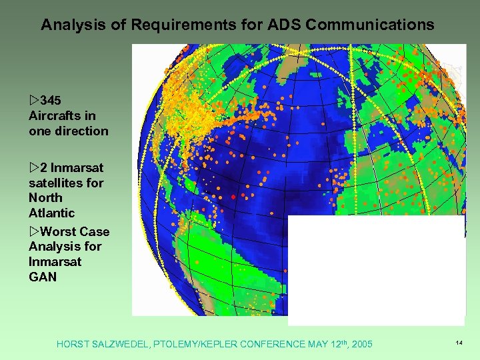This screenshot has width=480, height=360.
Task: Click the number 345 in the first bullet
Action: coord(51,101)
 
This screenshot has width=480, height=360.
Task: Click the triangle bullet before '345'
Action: coord(34,101)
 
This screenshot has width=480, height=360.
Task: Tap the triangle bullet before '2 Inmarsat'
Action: coord(34,167)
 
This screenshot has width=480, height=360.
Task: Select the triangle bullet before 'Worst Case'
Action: coord(34,231)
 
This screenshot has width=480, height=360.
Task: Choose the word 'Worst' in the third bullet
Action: coord(59,231)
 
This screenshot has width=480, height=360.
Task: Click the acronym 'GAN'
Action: coord(43,277)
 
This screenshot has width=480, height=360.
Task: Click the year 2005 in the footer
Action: coord(360,344)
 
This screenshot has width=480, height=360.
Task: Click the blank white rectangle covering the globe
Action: coord(376,270)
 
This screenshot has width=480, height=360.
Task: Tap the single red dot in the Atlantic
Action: coord(233,197)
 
